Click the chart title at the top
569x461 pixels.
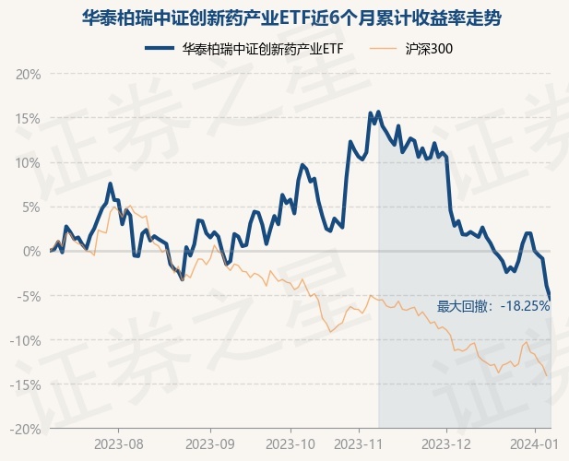point(284,18)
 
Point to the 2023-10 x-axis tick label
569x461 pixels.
point(290,443)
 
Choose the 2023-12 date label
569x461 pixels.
point(446,443)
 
